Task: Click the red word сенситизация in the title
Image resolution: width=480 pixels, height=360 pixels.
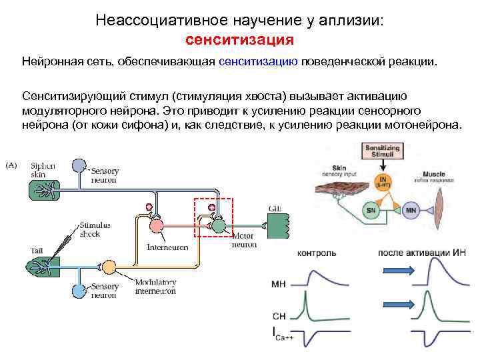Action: point(239,39)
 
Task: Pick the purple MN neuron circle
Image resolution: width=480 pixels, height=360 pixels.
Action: point(411,211)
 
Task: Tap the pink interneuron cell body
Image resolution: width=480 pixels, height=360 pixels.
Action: point(156,227)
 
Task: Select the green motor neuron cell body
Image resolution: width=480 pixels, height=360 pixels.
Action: point(219,227)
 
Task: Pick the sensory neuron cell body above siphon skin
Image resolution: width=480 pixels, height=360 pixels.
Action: point(79,165)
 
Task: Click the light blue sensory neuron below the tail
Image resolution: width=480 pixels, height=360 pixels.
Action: point(79,291)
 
